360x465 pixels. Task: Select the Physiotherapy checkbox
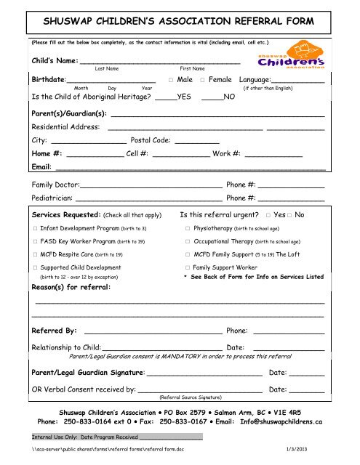(188, 229)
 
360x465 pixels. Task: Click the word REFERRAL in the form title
(255, 15)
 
